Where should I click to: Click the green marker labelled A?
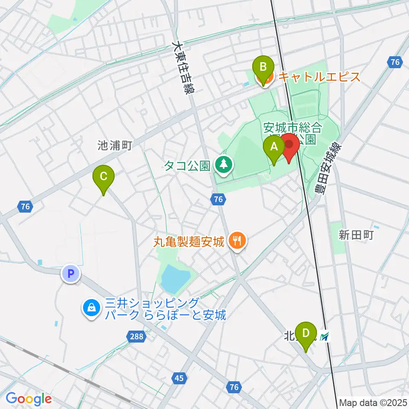coord(274,148)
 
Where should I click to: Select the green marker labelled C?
coord(104,176)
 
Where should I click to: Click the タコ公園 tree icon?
coord(223,164)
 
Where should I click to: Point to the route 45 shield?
coord(179,377)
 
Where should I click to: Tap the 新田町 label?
coord(356,234)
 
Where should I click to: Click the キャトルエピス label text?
coord(320,77)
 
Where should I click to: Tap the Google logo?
coord(29,399)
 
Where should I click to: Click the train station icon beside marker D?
coord(325,337)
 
